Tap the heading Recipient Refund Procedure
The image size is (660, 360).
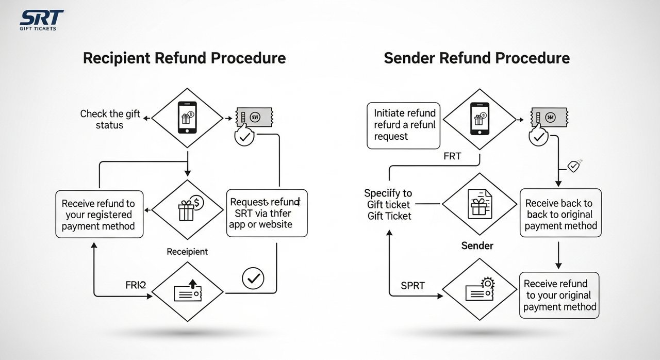(x=184, y=58)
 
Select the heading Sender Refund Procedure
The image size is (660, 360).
(x=476, y=58)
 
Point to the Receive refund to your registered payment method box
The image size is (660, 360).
(x=99, y=215)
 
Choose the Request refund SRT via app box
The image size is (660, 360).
(x=267, y=213)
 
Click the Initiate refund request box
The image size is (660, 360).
(x=403, y=125)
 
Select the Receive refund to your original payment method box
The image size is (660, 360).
(x=559, y=295)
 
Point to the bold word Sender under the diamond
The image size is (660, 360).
(x=477, y=246)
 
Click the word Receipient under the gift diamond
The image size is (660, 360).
(x=187, y=252)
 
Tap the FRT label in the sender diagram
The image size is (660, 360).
(x=452, y=156)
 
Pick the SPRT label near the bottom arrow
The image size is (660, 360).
(x=412, y=286)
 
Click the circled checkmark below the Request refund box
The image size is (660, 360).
(x=253, y=279)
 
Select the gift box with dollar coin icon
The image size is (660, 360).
(x=188, y=209)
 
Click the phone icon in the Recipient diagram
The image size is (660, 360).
(x=187, y=118)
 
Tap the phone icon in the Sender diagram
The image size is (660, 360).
(x=479, y=119)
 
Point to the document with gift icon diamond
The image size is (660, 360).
(x=479, y=204)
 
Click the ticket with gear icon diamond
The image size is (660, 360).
(x=479, y=290)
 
